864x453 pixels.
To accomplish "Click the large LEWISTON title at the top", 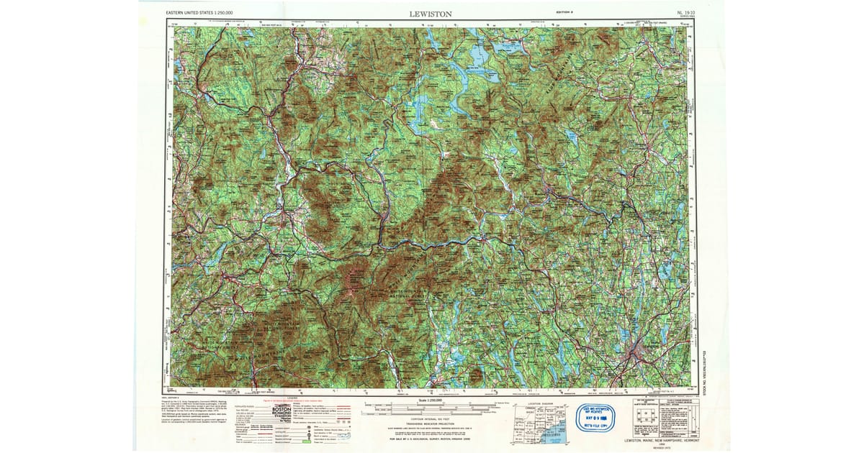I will coord(431,13).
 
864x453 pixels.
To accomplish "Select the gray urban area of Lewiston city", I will coord(638,352).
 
